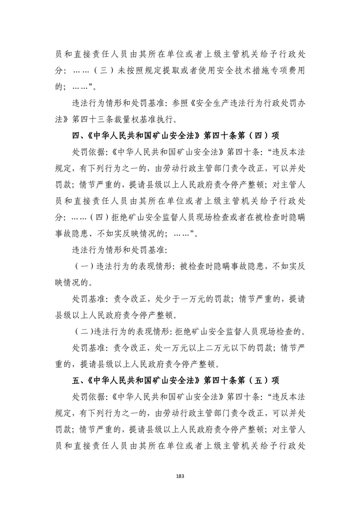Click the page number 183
[180, 474]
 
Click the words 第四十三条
[97, 120]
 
